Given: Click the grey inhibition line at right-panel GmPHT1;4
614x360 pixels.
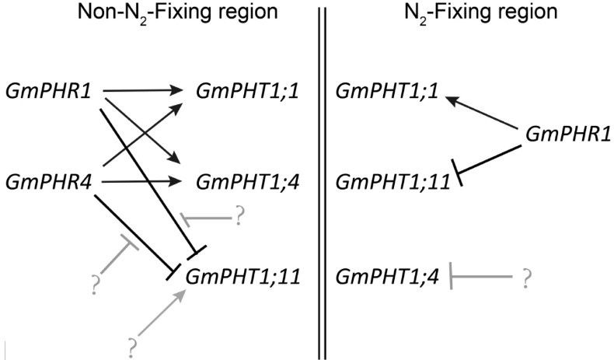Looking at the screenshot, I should [x=482, y=274].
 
